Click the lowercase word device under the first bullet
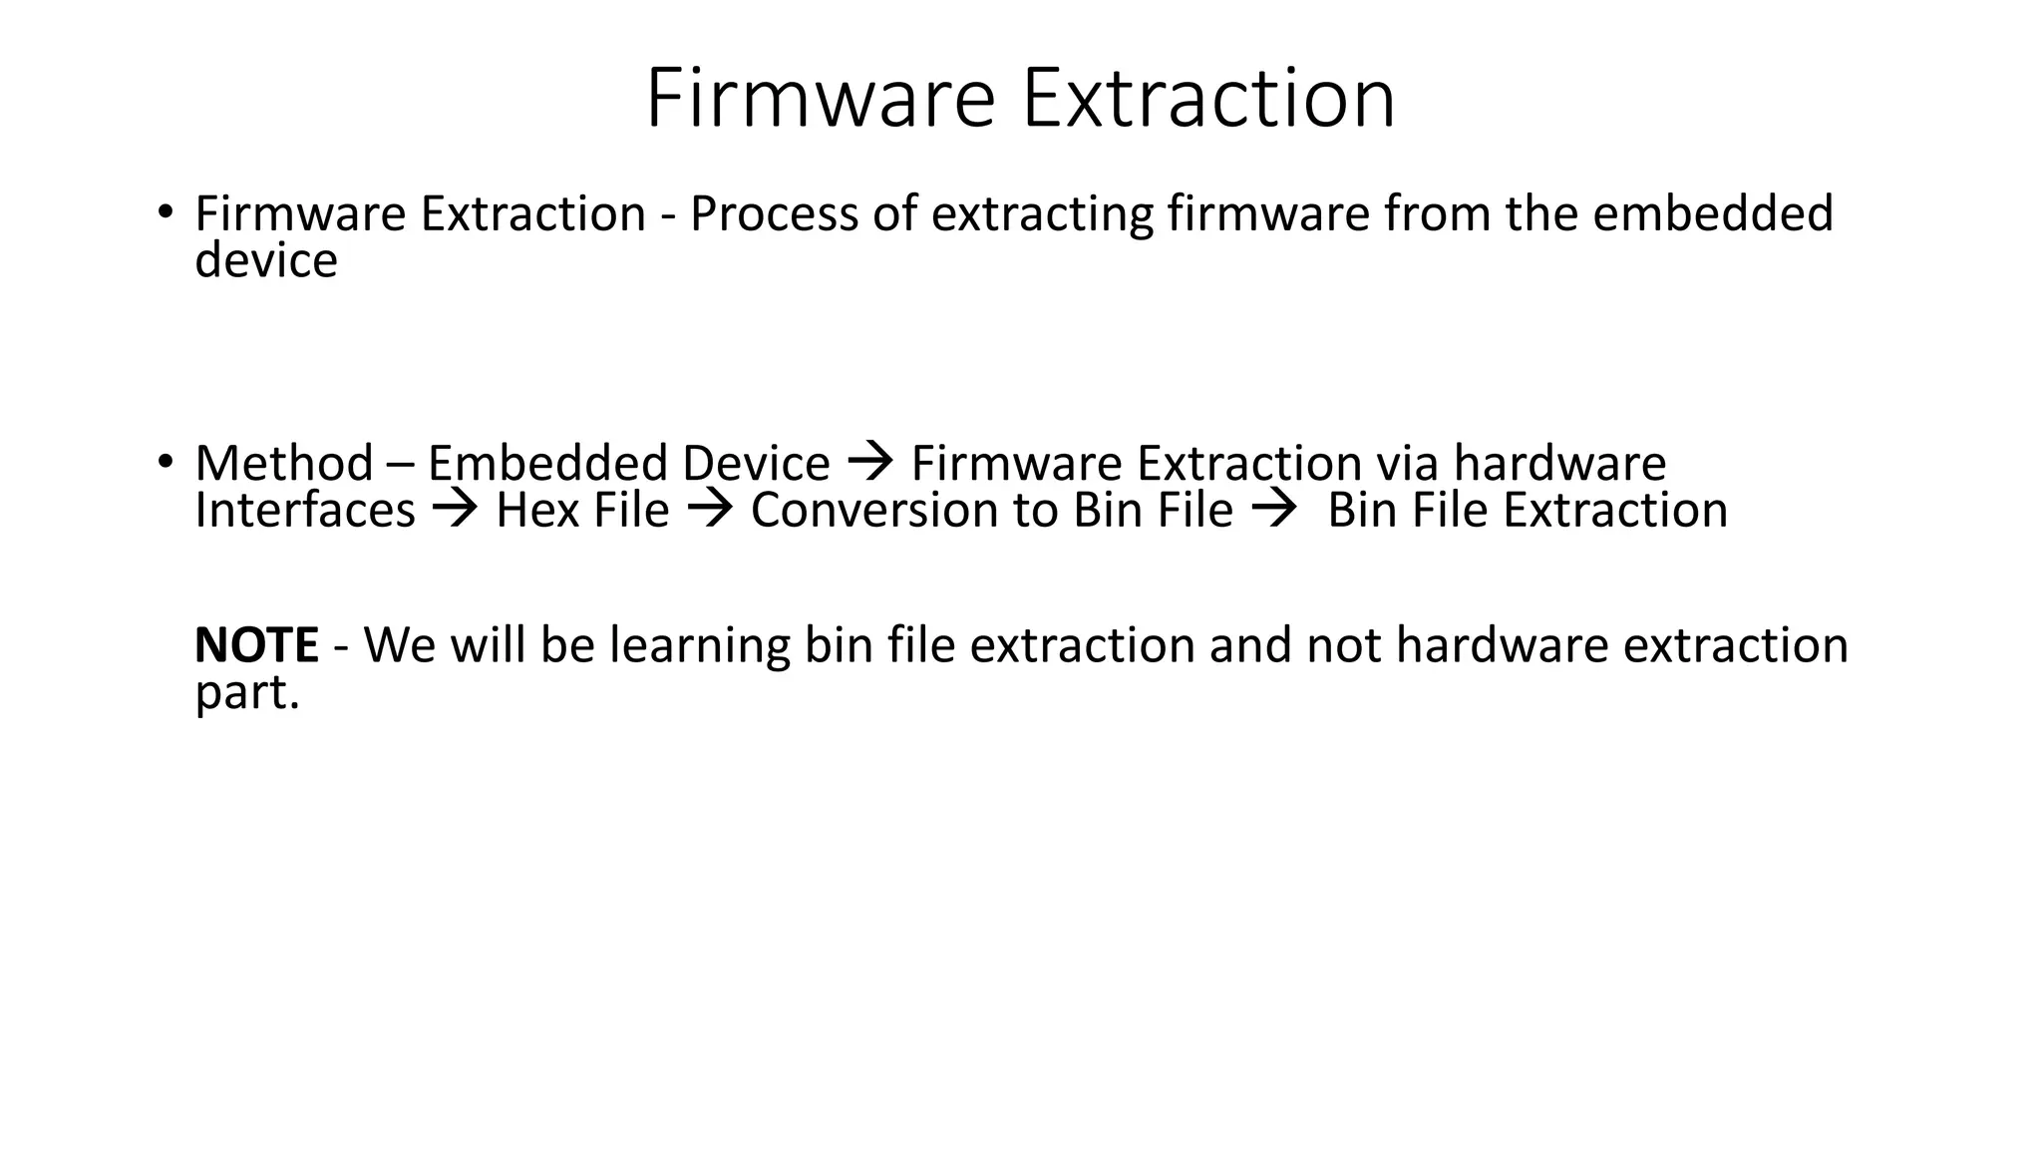coord(266,260)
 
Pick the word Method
coord(283,464)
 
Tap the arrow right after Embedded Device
coord(869,462)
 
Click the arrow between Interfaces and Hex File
coord(455,511)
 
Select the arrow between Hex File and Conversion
coord(710,511)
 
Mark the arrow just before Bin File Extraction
coord(1273,511)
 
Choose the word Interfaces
coord(304,511)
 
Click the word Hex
coord(537,511)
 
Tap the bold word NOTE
coord(256,645)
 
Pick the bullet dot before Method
coord(165,462)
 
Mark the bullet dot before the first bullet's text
coord(165,212)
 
